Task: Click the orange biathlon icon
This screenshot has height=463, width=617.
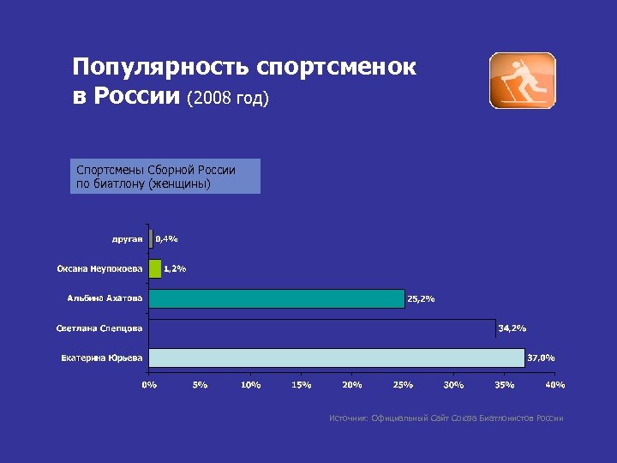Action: click(522, 81)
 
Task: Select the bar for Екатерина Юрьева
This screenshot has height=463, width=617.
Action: click(336, 358)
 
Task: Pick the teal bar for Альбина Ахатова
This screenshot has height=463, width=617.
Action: click(276, 298)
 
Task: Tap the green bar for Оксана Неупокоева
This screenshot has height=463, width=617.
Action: click(155, 268)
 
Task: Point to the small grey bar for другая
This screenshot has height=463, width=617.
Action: click(151, 239)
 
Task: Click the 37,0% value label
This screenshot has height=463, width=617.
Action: click(541, 358)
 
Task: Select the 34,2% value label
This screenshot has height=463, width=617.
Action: click(512, 328)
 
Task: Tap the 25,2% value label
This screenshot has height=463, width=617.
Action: click(421, 299)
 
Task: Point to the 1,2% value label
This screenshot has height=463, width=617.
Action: click(175, 269)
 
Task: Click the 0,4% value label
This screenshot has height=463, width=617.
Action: click(166, 239)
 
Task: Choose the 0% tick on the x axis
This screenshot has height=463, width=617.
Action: click(149, 385)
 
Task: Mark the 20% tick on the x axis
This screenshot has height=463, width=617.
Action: click(352, 385)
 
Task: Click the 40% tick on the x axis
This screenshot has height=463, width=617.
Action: click(555, 385)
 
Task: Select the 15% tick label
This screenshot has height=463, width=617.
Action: click(302, 385)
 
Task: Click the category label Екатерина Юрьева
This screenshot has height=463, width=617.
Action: click(102, 358)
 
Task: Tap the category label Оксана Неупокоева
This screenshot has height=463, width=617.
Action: click(100, 269)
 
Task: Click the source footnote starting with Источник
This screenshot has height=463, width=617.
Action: click(446, 418)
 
